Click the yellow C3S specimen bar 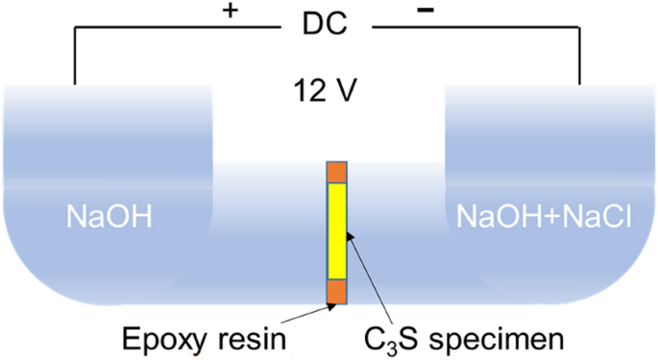(x=336, y=229)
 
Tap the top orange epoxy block (x=336, y=172)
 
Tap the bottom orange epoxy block (x=336, y=291)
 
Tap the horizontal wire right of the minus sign (x=480, y=28)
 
